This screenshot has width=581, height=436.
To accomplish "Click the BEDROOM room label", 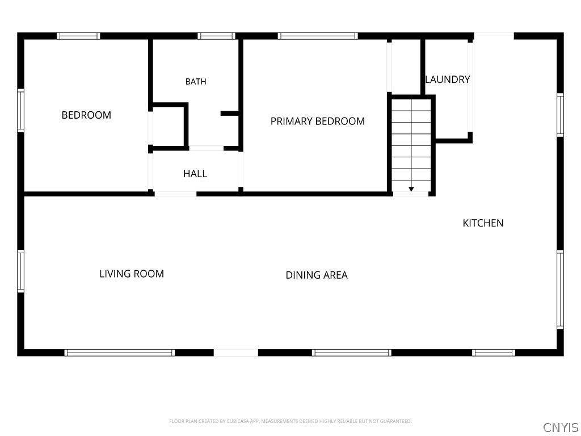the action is pyautogui.click(x=86, y=115).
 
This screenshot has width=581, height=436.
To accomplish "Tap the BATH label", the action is pyautogui.click(x=196, y=82).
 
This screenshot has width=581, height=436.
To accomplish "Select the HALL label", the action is pyautogui.click(x=195, y=174).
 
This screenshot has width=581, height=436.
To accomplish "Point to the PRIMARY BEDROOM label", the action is pyautogui.click(x=318, y=121).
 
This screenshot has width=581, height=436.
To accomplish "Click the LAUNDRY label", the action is pyautogui.click(x=448, y=79).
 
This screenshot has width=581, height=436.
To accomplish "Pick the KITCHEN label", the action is pyautogui.click(x=483, y=223).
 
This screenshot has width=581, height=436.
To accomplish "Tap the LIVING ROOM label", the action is pyautogui.click(x=132, y=274).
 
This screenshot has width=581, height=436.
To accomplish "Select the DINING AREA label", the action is pyautogui.click(x=317, y=275).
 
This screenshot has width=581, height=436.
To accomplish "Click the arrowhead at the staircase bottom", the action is pyautogui.click(x=411, y=189).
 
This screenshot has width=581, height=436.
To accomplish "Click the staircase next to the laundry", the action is pyautogui.click(x=411, y=145).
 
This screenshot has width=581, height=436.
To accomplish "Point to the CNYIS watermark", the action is pyautogui.click(x=561, y=427).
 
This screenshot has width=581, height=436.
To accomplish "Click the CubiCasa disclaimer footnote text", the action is pyautogui.click(x=290, y=421).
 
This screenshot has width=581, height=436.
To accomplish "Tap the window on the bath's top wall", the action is pyautogui.click(x=216, y=36).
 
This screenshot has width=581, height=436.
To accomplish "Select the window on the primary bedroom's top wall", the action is pyautogui.click(x=318, y=36).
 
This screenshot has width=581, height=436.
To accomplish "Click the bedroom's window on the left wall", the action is pyautogui.click(x=21, y=111).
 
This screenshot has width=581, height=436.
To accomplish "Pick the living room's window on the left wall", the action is pyautogui.click(x=21, y=271).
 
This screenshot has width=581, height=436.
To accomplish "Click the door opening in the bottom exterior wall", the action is pyautogui.click(x=236, y=353).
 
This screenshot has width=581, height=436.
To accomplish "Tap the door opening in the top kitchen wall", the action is pyautogui.click(x=494, y=36).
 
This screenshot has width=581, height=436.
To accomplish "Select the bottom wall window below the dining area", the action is pyautogui.click(x=351, y=353).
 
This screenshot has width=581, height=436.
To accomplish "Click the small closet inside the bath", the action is pyautogui.click(x=169, y=127).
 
